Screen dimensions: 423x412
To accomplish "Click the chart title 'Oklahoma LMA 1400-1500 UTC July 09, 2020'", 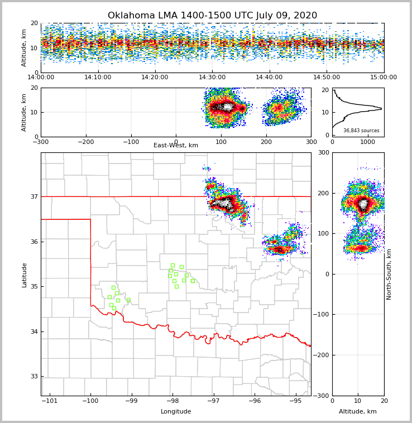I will (x=212, y=16).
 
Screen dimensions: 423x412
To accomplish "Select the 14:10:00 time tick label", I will (x=98, y=78).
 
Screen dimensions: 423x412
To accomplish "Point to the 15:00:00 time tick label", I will (x=384, y=78).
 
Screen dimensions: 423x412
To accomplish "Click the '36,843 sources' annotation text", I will (x=361, y=131).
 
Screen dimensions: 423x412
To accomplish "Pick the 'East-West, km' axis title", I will (x=176, y=146).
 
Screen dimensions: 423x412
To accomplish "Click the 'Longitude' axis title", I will (x=176, y=412).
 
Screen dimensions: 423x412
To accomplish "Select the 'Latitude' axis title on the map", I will (x=24, y=275).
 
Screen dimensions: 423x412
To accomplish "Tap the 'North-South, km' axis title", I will (x=389, y=274).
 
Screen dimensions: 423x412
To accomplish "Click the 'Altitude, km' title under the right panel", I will (x=358, y=412).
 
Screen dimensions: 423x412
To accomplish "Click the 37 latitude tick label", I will (x=33, y=196).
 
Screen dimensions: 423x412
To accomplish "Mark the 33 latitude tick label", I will (x=33, y=377).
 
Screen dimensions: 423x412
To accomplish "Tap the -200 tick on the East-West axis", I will (x=85, y=142).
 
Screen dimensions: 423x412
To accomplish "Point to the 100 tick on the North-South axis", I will (x=322, y=233).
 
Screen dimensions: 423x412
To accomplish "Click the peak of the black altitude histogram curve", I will (x=381, y=109).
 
